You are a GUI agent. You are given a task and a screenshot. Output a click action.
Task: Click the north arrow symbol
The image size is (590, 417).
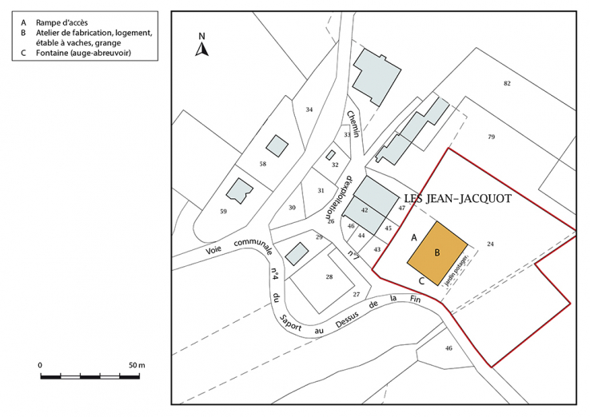(x=203, y=46)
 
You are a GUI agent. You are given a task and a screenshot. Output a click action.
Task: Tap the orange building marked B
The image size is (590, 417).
(x=437, y=253)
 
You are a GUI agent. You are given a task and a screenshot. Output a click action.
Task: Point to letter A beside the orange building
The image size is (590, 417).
(x=414, y=238)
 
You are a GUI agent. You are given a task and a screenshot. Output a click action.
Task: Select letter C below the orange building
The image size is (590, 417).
(x=421, y=280)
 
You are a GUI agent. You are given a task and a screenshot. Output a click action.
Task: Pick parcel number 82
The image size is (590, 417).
(x=506, y=84)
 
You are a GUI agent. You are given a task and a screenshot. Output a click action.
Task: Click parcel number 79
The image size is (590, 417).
(x=491, y=137)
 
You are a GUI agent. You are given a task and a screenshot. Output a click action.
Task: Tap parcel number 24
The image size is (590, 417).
(x=490, y=244)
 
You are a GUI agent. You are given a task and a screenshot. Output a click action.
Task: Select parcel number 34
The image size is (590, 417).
(x=309, y=109)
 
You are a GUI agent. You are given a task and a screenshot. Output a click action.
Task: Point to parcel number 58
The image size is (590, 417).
(x=262, y=164)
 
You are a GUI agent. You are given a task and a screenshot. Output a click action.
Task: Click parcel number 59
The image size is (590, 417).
(x=223, y=211)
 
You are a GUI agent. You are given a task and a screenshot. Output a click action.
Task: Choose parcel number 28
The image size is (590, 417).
(x=328, y=276)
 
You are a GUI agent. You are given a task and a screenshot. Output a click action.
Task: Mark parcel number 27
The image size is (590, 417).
(x=357, y=295)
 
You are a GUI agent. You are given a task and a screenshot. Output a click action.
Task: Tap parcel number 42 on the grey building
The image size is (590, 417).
(x=365, y=209)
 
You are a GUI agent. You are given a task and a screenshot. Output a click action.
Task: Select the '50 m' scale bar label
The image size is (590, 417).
(x=136, y=365)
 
